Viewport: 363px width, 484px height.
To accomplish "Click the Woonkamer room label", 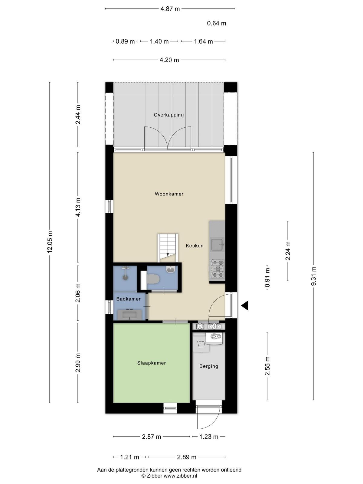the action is (x=169, y=194).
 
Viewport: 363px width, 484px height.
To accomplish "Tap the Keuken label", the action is (x=195, y=246).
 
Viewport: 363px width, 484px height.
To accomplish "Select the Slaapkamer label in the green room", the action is (x=152, y=363).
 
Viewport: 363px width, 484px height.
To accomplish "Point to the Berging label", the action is (x=208, y=366).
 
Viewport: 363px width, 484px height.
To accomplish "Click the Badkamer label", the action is (x=128, y=299).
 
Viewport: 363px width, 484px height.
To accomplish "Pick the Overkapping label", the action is (x=168, y=115).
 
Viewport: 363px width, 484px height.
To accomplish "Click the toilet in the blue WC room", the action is (x=153, y=279).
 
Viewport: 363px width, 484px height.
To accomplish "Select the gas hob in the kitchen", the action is (x=217, y=269).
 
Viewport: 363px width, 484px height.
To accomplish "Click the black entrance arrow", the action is (x=245, y=306).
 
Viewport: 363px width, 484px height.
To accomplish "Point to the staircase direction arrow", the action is (x=168, y=254).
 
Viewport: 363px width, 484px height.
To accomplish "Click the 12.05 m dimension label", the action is (x=50, y=242).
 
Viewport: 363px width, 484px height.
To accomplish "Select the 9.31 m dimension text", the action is (x=313, y=276).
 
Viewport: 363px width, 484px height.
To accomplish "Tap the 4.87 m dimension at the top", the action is (x=170, y=9).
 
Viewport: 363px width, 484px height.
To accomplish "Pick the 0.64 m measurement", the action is (x=216, y=23).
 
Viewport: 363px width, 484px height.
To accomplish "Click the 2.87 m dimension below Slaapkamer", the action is (x=152, y=437).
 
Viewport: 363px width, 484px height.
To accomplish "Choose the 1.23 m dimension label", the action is (x=209, y=437).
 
